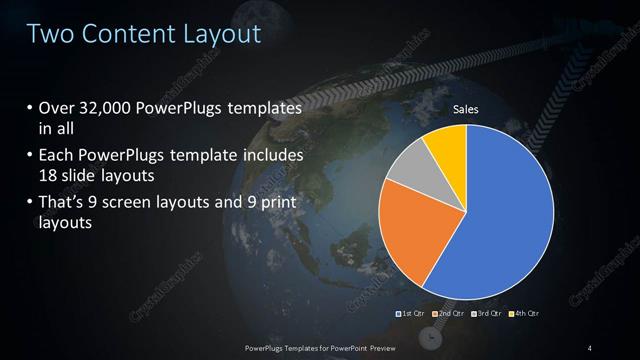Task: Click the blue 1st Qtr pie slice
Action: point(505,210)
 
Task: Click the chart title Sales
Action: point(467,108)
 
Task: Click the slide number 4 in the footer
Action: point(590,347)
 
